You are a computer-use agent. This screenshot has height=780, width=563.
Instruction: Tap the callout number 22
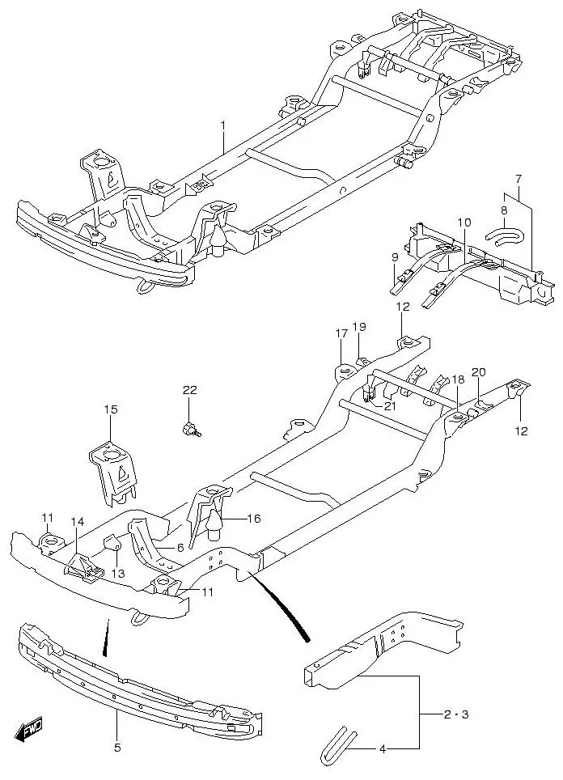189,390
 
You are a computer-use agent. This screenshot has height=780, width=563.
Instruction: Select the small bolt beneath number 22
191,430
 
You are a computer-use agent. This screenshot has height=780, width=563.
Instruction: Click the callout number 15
110,410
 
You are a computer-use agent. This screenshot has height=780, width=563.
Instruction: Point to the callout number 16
254,518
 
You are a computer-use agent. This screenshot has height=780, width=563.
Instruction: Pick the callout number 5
117,748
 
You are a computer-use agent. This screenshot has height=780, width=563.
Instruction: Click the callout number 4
383,749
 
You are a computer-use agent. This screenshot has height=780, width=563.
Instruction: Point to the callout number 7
519,179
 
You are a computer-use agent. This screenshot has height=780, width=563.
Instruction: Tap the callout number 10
463,223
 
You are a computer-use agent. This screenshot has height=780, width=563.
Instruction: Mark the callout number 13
119,574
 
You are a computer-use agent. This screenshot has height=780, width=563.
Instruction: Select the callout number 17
341,333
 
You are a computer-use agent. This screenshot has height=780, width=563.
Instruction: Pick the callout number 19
359,327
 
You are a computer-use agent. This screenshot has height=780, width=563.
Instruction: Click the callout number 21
390,406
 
